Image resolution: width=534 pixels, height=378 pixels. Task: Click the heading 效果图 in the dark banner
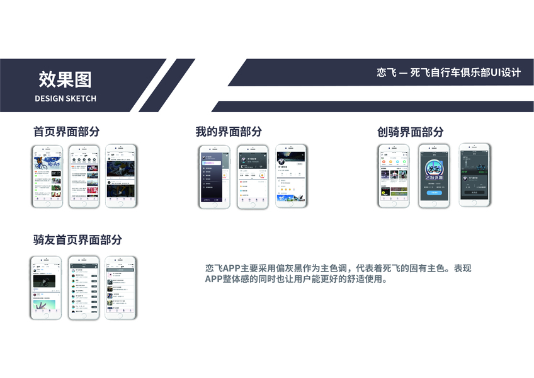click(65, 79)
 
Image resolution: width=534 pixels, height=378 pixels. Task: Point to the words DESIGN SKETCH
click(65, 98)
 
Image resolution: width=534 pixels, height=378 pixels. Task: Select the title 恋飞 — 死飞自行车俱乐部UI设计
click(449, 72)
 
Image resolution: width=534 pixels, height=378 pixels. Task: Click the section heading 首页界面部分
click(66, 132)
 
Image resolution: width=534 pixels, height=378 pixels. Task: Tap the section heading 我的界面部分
click(228, 132)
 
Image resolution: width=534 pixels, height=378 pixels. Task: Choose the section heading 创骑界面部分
click(410, 132)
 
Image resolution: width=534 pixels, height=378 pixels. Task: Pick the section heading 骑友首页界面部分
click(77, 239)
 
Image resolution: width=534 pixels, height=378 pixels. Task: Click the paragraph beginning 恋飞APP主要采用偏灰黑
click(338, 273)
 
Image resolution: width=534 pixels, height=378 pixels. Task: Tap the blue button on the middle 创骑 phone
click(435, 193)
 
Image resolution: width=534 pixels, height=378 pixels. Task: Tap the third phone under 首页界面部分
click(120, 176)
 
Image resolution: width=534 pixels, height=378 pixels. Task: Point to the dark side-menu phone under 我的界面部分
click(215, 177)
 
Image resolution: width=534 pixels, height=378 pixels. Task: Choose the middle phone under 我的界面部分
click(253, 177)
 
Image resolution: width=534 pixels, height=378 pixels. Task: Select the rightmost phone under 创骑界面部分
click(475, 176)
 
